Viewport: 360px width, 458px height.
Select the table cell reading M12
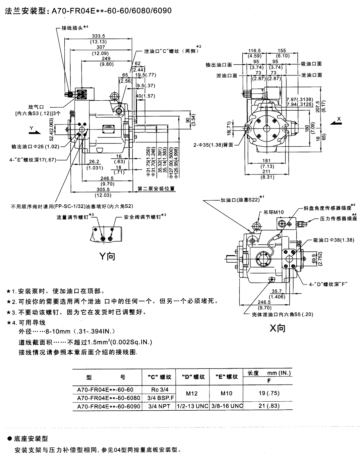pos(192,393)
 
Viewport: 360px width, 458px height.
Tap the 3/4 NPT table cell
pos(158,406)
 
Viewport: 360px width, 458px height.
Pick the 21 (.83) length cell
pos(269,406)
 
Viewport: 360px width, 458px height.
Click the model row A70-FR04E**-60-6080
pos(108,397)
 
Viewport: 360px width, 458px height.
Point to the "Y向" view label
pos(108,256)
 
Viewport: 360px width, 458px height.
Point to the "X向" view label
pos(277,328)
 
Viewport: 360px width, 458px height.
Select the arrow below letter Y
pos(33,132)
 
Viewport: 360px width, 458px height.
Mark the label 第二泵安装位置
pos(156,189)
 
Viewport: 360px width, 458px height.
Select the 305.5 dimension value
pos(103,189)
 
